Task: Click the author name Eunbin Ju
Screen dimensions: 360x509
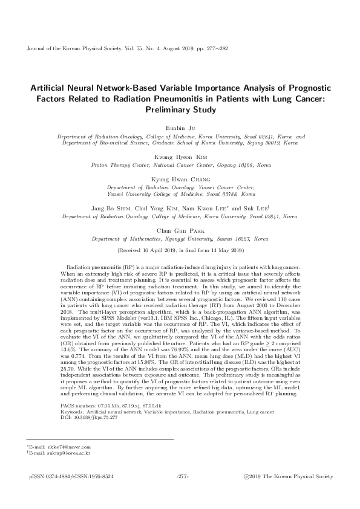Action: pyautogui.click(x=180, y=128)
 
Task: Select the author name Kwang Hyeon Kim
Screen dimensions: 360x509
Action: pyautogui.click(x=180, y=156)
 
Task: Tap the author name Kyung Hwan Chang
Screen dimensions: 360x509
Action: pyautogui.click(x=180, y=180)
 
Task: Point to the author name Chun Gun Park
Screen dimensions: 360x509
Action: pyautogui.click(x=180, y=230)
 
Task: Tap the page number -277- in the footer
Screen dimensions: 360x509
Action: pyautogui.click(x=182, y=477)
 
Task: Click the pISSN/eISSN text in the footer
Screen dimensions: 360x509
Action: pyautogui.click(x=71, y=477)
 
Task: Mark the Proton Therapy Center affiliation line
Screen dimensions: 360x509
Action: pyautogui.click(x=180, y=164)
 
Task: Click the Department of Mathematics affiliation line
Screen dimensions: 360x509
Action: pyautogui.click(x=180, y=239)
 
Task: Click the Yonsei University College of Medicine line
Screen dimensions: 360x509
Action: pyautogui.click(x=180, y=194)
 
